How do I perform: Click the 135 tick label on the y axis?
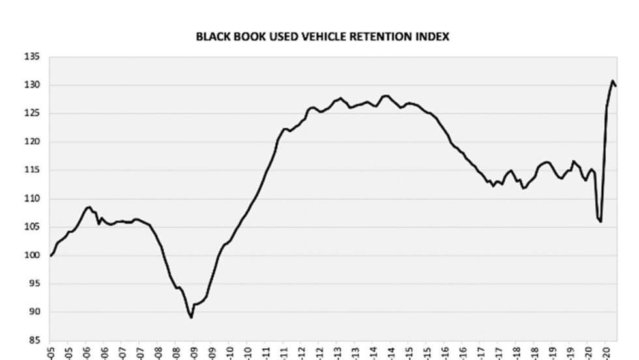(x=33, y=57)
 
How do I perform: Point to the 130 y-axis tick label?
(x=33, y=85)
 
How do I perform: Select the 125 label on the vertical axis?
(x=33, y=113)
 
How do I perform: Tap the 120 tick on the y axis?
(x=33, y=142)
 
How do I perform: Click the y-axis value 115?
(x=33, y=170)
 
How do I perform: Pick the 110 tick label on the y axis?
(x=33, y=199)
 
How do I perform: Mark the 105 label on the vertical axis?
(x=33, y=227)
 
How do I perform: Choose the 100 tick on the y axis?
(x=33, y=255)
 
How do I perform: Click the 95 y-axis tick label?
(x=35, y=284)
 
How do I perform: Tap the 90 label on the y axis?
(x=35, y=312)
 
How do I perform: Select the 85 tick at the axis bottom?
(x=35, y=340)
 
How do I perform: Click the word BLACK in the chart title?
(x=212, y=37)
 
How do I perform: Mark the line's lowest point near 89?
(x=191, y=318)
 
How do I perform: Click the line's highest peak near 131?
(x=613, y=81)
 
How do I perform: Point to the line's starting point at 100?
(x=51, y=256)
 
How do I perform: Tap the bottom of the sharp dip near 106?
(x=601, y=222)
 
